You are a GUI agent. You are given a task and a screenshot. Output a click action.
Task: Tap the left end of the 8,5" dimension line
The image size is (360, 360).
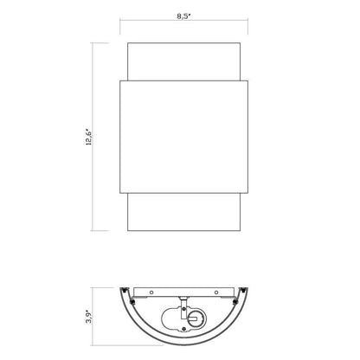point(119,23)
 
